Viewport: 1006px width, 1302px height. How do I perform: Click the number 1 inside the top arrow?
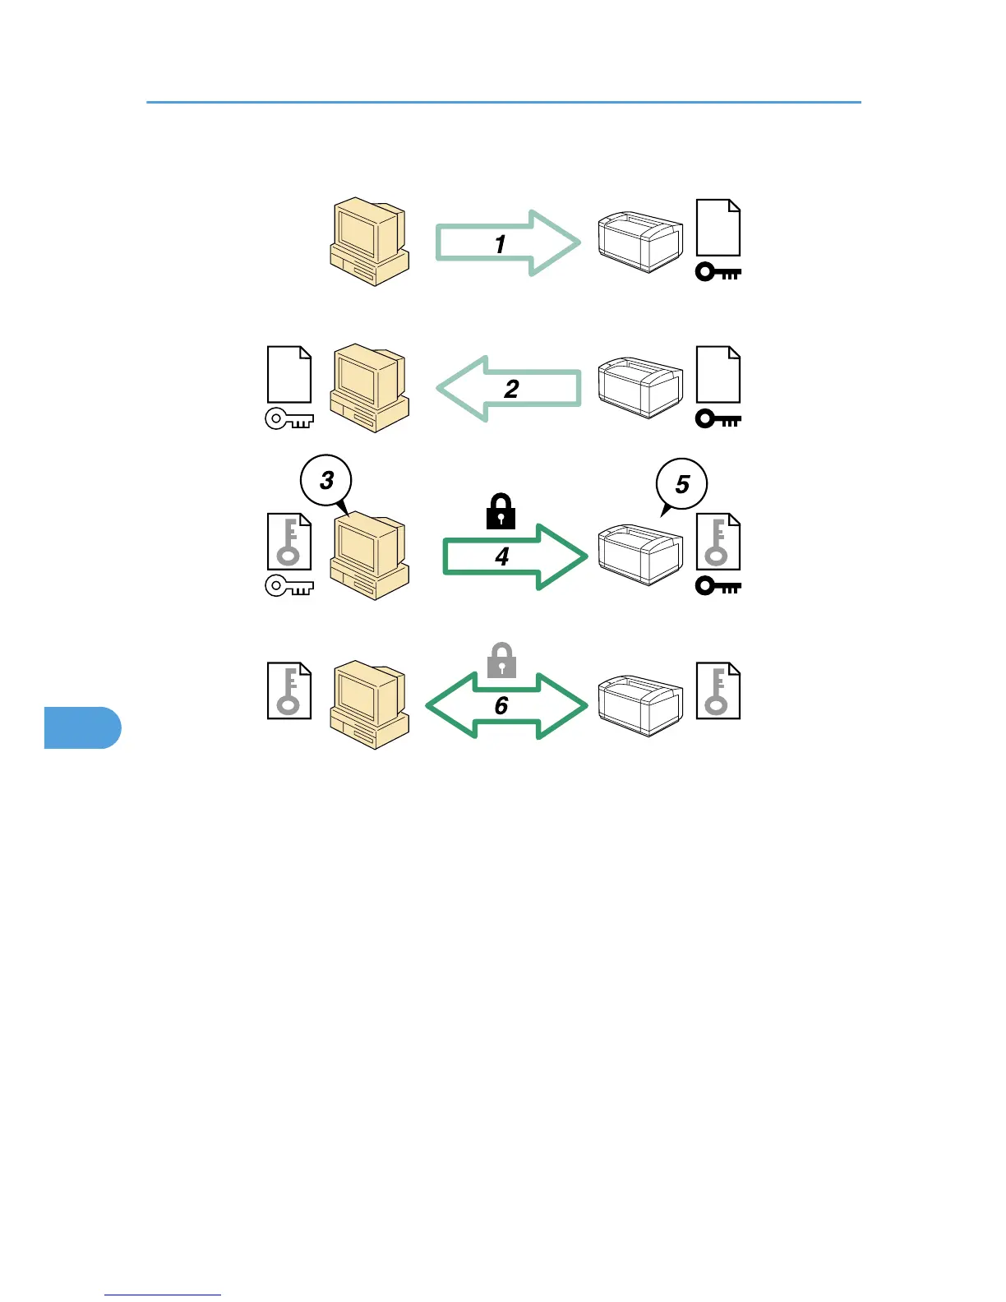[x=500, y=244]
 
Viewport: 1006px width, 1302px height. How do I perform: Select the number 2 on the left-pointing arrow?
[x=511, y=388]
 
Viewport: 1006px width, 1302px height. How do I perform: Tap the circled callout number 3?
[x=326, y=480]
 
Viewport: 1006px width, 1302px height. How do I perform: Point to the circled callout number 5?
[x=681, y=484]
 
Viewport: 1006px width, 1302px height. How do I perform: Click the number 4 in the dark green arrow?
[x=502, y=556]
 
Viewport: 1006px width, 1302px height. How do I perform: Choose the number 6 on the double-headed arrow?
[x=501, y=705]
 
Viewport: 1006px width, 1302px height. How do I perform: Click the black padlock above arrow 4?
[x=501, y=512]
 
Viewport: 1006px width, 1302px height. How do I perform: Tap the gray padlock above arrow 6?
[x=501, y=661]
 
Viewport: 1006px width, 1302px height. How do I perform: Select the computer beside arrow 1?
[x=369, y=241]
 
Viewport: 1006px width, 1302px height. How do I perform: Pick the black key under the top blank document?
[x=718, y=272]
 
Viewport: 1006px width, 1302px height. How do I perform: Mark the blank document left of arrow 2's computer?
[x=289, y=375]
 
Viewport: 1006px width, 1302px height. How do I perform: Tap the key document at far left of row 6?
[x=289, y=690]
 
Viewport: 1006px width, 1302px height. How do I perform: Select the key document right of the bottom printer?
[x=718, y=690]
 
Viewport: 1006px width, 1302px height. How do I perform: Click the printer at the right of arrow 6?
[x=640, y=705]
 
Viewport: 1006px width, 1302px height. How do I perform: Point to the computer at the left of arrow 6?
[x=369, y=704]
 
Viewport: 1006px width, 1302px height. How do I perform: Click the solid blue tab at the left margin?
[x=82, y=727]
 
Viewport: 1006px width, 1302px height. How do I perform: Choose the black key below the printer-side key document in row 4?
[x=718, y=586]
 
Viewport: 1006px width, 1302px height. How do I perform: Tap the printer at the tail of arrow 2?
[x=640, y=387]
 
